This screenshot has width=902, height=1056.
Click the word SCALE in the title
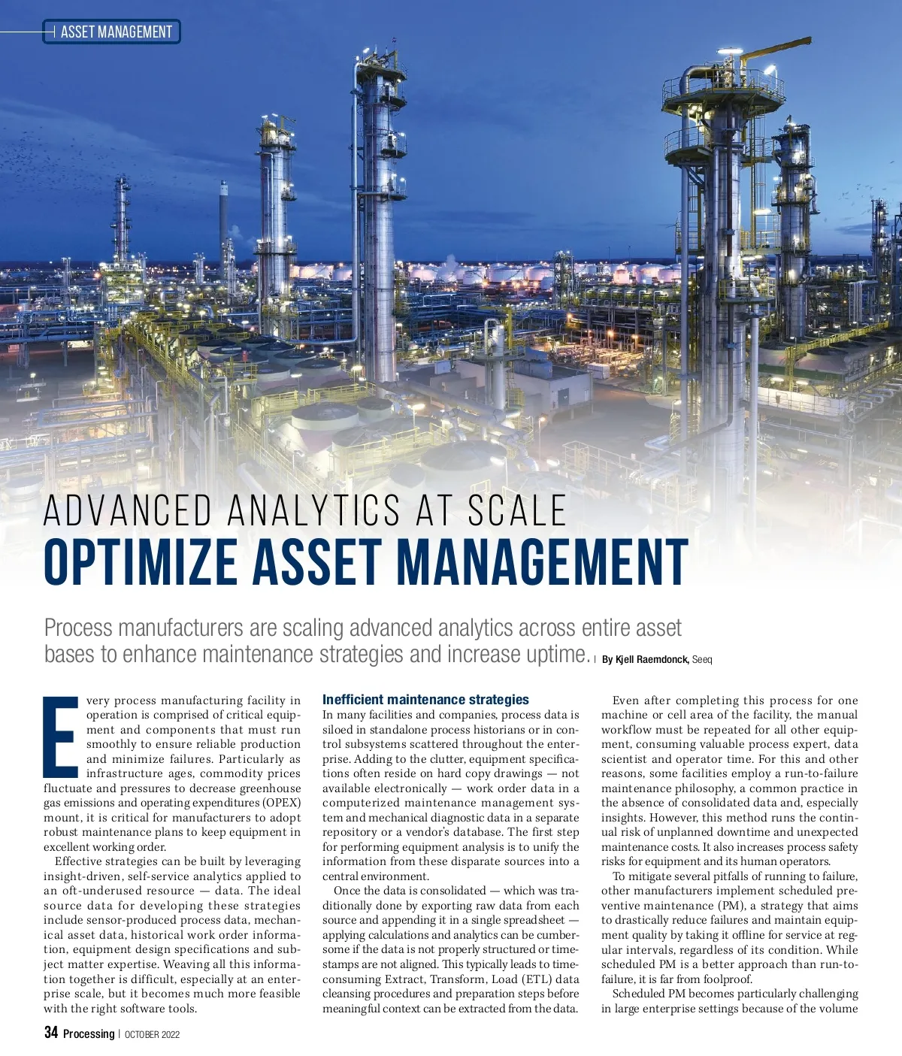tap(517, 511)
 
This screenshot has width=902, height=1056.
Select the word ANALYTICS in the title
tap(313, 511)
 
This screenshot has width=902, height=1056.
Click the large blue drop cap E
tap(61, 737)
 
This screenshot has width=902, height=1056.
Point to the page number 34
tap(51, 1033)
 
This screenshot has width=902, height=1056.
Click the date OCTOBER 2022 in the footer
tap(152, 1034)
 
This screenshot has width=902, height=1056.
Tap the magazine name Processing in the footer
tap(89, 1034)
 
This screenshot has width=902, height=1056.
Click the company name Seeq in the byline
tap(702, 659)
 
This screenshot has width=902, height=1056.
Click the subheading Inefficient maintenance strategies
tap(425, 700)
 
